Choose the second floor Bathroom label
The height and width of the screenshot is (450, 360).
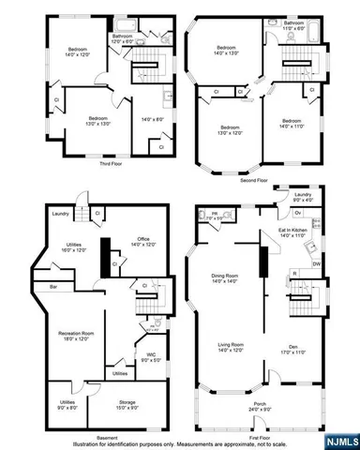click(294, 22)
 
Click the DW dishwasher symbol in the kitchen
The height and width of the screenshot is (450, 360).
click(316, 264)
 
